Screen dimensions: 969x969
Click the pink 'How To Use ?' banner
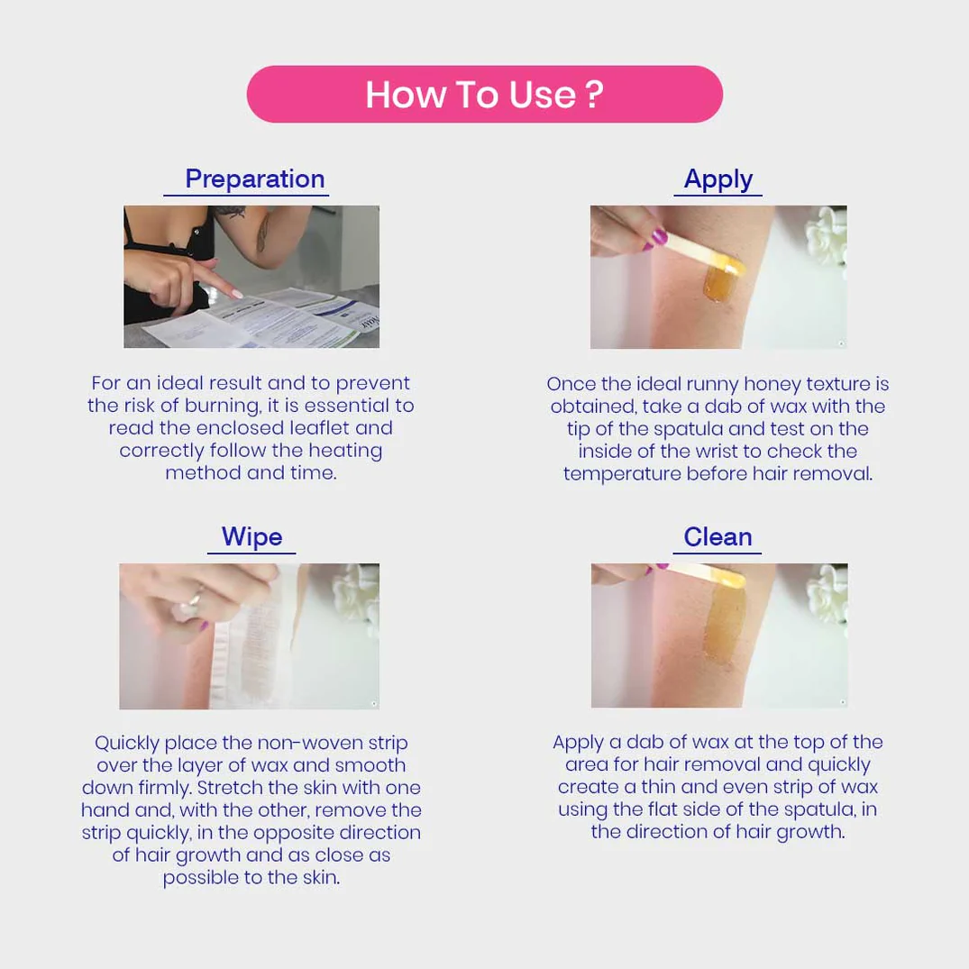[485, 94]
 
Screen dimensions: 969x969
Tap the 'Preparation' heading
[254, 179]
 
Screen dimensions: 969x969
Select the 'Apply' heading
[718, 180]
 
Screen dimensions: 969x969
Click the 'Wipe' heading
[252, 537]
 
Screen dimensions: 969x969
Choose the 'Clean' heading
[718, 537]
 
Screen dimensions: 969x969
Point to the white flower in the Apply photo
[827, 236]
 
